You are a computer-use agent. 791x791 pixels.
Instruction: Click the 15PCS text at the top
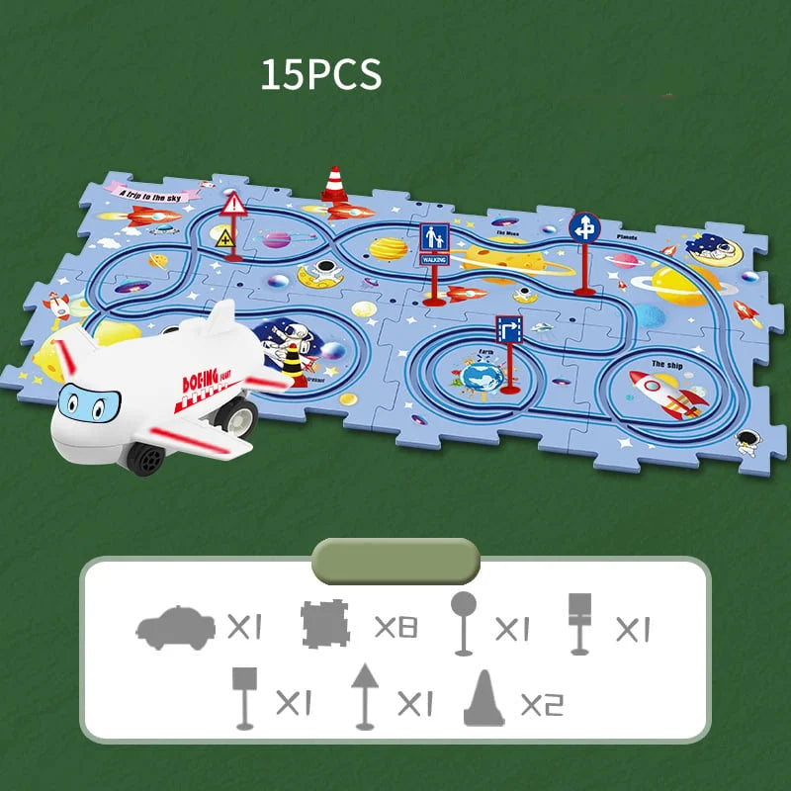[320, 76]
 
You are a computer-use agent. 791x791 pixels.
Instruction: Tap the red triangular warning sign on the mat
[234, 206]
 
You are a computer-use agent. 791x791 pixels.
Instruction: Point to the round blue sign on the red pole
[584, 227]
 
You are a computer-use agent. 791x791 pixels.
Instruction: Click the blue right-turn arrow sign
[509, 329]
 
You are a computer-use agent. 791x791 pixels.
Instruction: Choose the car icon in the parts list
[175, 626]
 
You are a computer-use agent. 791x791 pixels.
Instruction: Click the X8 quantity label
[395, 627]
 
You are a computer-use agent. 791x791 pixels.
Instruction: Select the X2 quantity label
[541, 703]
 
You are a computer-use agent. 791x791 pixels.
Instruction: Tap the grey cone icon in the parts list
[484, 699]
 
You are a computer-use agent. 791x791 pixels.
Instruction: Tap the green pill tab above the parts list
[395, 561]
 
